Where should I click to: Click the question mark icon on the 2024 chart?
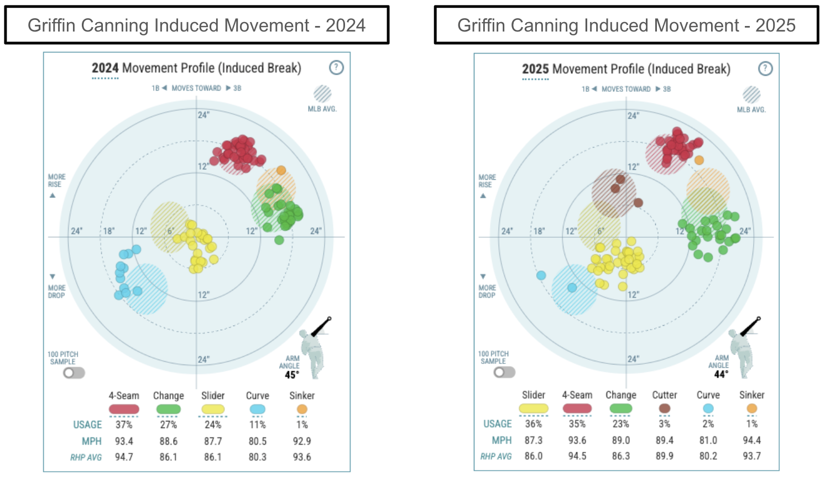click(336, 67)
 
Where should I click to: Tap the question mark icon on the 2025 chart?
click(765, 69)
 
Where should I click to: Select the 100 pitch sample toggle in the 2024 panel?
click(74, 373)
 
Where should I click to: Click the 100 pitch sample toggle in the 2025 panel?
click(504, 372)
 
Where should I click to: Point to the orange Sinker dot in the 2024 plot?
click(281, 170)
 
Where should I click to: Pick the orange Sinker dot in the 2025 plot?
click(699, 160)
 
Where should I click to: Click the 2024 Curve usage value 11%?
click(258, 425)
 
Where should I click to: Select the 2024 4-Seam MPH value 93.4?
click(124, 441)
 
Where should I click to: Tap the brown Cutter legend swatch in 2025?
click(665, 409)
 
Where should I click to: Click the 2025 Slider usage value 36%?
click(534, 424)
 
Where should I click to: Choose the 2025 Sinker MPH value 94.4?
click(752, 440)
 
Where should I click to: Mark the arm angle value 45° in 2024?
click(291, 375)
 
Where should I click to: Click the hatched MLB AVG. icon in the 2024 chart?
click(322, 94)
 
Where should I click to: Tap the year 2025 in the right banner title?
click(775, 25)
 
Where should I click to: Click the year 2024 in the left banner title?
click(346, 25)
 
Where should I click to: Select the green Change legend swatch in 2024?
click(169, 409)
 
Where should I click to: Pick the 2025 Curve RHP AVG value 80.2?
click(708, 456)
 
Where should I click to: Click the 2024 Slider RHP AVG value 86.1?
click(213, 457)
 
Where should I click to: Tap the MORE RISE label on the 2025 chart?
click(487, 181)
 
